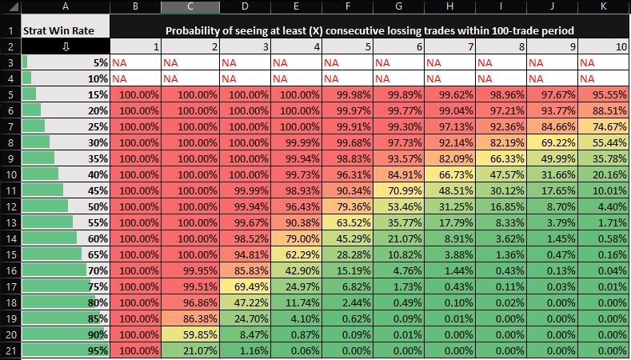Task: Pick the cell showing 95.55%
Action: pyautogui.click(x=605, y=94)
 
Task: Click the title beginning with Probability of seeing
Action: pyautogui.click(x=370, y=31)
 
